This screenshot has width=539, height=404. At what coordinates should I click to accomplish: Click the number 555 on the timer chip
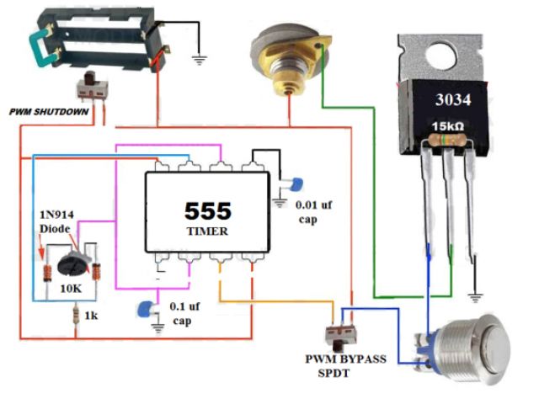click(208, 210)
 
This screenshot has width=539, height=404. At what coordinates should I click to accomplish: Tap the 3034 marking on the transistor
click(453, 100)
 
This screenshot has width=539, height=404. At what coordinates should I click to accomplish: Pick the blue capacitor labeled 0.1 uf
click(148, 308)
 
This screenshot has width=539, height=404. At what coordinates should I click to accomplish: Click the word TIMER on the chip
click(207, 230)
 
